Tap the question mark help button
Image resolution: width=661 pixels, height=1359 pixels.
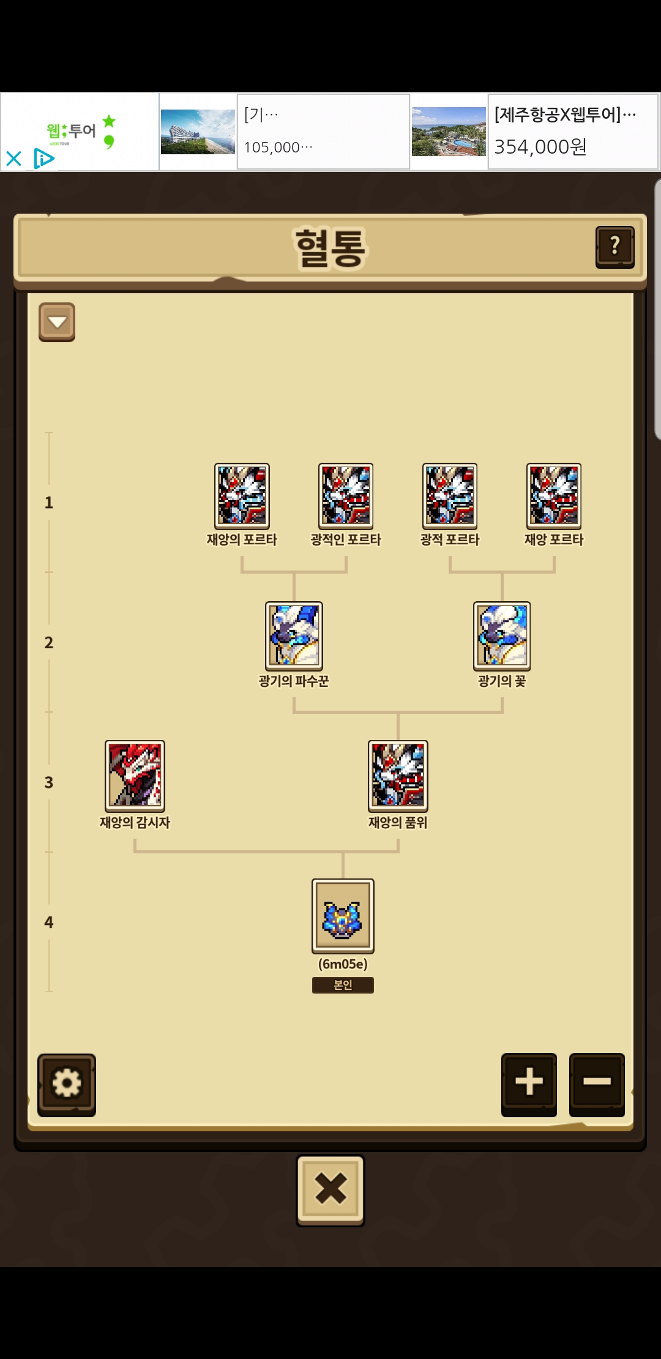(614, 247)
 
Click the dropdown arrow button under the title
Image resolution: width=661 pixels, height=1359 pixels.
(57, 322)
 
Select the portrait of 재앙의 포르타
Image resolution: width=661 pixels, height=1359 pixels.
(242, 496)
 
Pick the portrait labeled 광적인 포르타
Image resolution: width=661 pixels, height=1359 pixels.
(346, 496)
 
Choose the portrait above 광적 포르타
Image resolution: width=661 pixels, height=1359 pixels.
(450, 496)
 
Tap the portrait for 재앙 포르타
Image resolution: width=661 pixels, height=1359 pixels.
(554, 496)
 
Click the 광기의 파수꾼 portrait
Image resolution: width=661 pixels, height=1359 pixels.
(294, 635)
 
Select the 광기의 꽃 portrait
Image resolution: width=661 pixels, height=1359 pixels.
(502, 635)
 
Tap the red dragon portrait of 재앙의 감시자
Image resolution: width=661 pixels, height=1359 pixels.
(135, 776)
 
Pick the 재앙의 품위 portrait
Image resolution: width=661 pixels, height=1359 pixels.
(398, 776)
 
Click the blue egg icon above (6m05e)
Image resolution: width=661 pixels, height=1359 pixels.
(343, 916)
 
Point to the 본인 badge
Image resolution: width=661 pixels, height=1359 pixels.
(343, 985)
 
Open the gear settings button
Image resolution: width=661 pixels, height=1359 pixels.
(67, 1084)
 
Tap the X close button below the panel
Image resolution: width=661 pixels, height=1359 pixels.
(330, 1189)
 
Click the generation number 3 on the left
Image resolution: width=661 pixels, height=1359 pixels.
(49, 782)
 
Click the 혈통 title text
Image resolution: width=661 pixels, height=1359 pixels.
(330, 248)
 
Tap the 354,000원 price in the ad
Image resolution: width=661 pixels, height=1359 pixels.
(540, 147)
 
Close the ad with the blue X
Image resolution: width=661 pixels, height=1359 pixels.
(13, 159)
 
